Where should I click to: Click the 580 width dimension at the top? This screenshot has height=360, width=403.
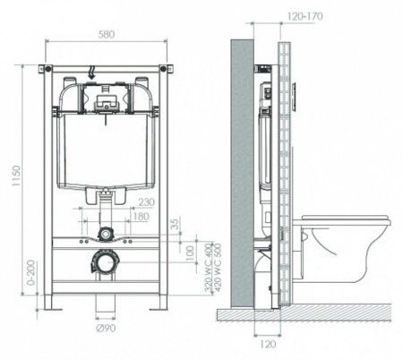pos(106,35)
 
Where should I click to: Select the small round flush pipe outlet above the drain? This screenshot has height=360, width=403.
pos(106,235)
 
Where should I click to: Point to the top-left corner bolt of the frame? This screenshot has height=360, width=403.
pos(47,68)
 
